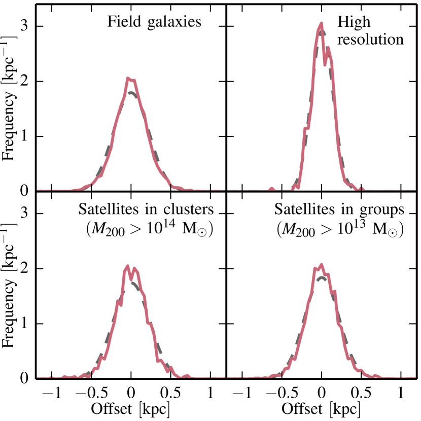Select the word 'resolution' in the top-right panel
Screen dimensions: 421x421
point(371,40)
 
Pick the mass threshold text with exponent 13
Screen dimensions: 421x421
point(340,229)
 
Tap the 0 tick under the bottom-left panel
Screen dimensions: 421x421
point(131,392)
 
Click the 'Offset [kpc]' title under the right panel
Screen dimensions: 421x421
point(321,408)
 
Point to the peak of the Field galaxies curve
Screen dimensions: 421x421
point(129,78)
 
